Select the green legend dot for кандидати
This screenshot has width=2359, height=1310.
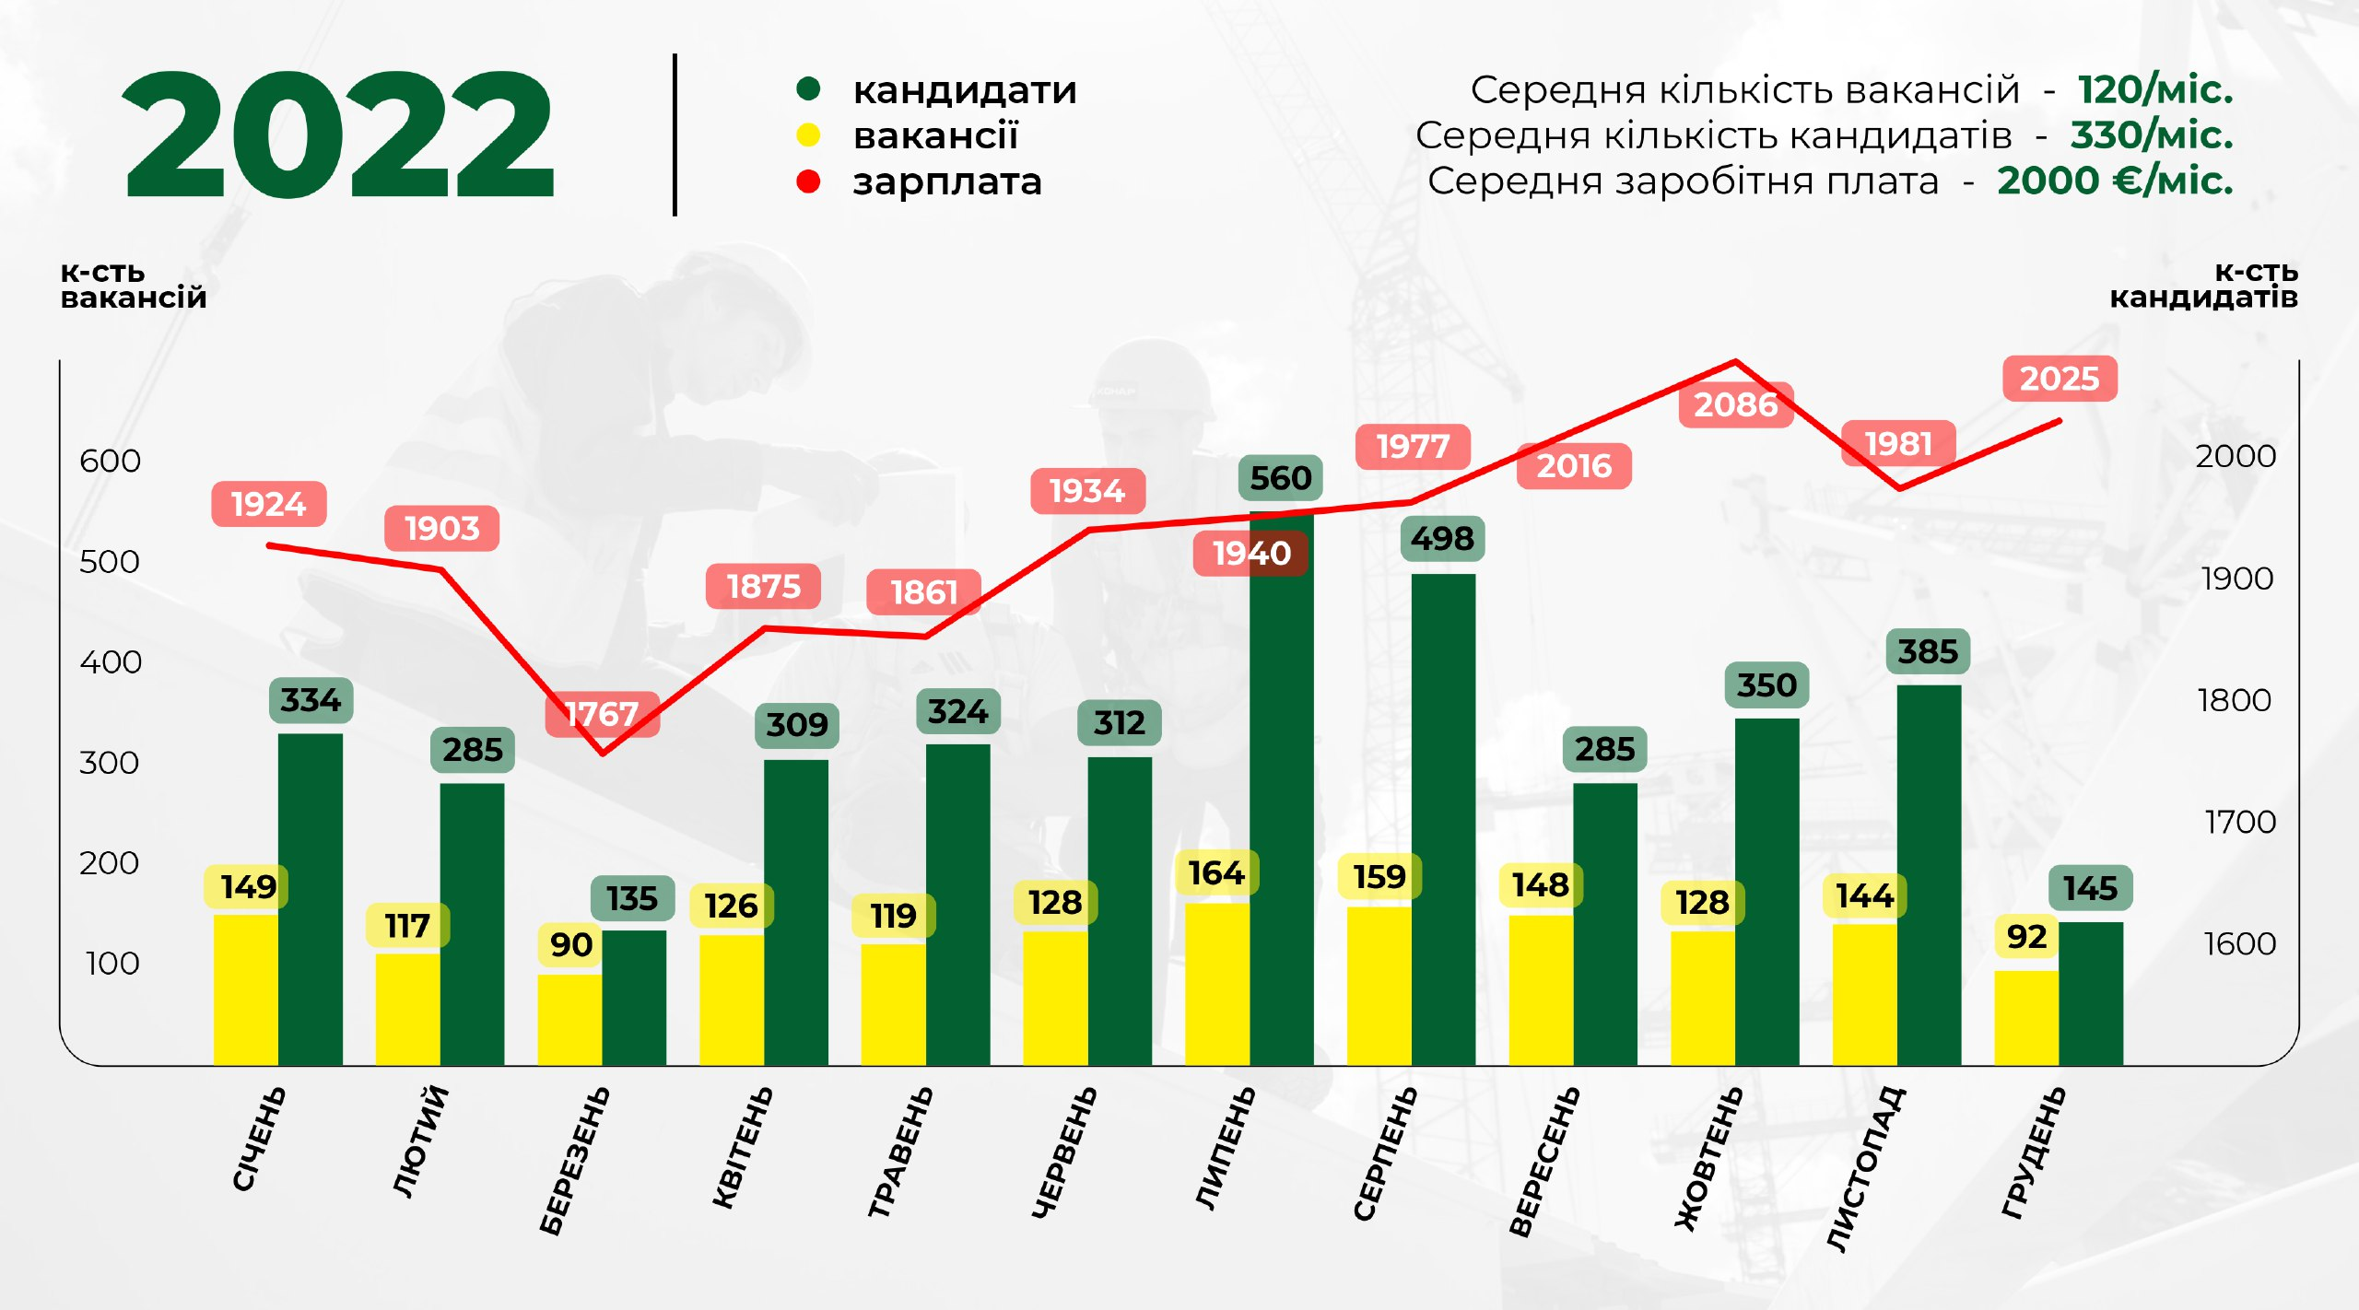tap(808, 89)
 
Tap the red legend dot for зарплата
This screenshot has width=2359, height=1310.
tap(808, 181)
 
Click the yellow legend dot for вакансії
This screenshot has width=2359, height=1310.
tap(808, 135)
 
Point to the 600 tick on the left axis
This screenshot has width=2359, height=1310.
tap(110, 461)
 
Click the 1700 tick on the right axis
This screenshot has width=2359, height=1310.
tap(2239, 822)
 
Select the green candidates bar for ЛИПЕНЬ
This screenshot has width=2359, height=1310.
tap(1281, 792)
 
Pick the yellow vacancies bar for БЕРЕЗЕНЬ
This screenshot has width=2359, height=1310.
tap(569, 1019)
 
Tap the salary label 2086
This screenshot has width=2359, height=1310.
tap(1735, 404)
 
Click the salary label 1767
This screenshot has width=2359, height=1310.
tap(602, 714)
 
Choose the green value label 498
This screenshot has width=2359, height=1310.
tap(1442, 539)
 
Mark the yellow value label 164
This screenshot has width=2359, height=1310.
tap(1216, 872)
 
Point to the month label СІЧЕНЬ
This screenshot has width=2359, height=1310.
tap(259, 1139)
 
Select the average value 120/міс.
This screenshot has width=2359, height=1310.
tap(2154, 89)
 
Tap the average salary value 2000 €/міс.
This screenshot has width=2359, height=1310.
tap(2115, 181)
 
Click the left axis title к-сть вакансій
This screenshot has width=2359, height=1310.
tap(133, 285)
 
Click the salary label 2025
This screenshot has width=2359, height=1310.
tap(2060, 379)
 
